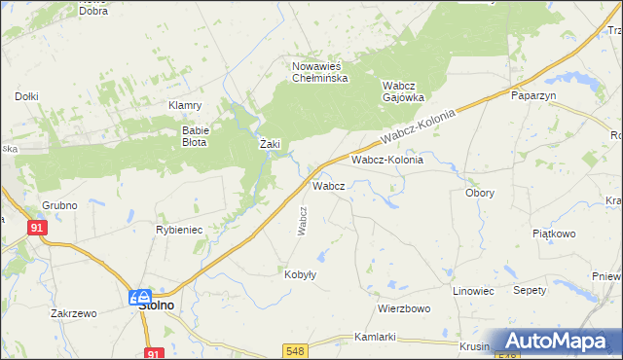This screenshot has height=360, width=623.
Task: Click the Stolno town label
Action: click(x=155, y=305)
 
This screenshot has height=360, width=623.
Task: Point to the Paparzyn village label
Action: click(x=532, y=95)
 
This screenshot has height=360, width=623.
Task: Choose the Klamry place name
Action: click(x=185, y=105)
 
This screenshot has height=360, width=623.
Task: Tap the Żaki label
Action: click(x=270, y=144)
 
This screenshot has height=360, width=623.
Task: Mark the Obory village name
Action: click(x=480, y=193)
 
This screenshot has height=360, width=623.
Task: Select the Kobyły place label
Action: click(x=300, y=274)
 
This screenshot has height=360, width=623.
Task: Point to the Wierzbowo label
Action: click(x=404, y=308)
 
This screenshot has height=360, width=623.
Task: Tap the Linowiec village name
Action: click(x=474, y=291)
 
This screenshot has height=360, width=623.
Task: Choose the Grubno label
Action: click(x=59, y=206)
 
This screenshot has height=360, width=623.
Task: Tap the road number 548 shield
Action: click(x=296, y=349)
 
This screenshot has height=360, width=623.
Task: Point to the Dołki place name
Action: click(x=26, y=96)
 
